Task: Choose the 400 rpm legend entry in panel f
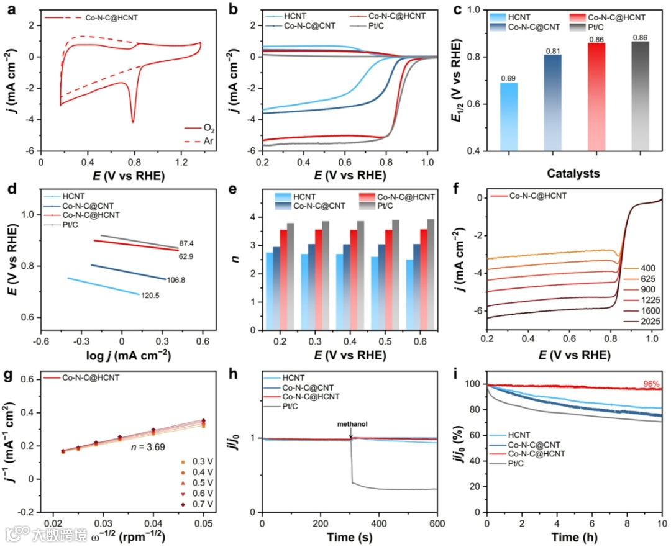pyautogui.click(x=649, y=268)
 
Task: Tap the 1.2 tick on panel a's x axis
pyautogui.click(x=182, y=162)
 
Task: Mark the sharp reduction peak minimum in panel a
pyautogui.click(x=133, y=122)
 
